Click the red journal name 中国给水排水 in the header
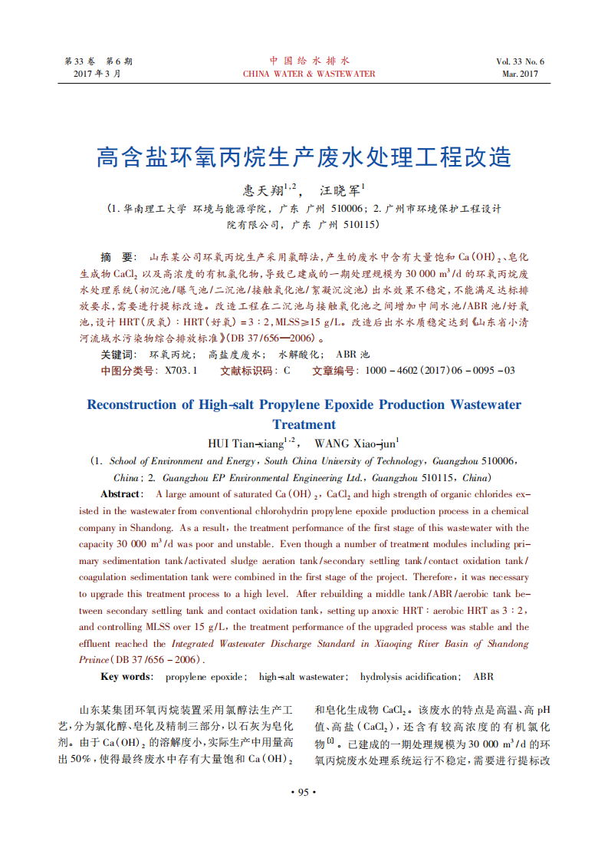(x=309, y=61)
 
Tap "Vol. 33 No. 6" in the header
(x=520, y=61)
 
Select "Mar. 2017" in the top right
(x=521, y=74)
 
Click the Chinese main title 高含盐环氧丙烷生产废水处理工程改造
(x=304, y=157)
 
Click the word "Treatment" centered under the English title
(x=304, y=424)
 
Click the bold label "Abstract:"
(x=121, y=494)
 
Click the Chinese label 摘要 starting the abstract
(x=119, y=256)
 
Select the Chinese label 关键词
(x=119, y=355)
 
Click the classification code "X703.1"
(x=182, y=371)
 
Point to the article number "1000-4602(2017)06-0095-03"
(x=440, y=371)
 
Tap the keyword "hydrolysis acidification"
(x=410, y=676)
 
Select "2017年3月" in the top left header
(x=97, y=74)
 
